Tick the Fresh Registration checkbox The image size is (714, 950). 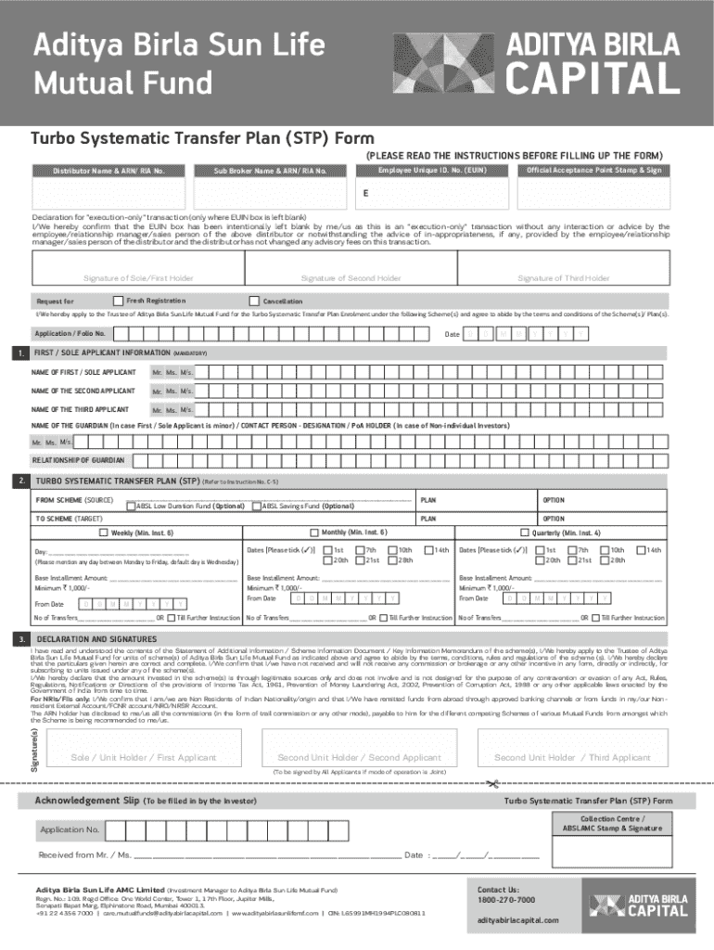pos(118,301)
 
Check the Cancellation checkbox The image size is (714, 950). pos(254,301)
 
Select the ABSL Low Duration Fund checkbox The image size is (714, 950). pos(131,506)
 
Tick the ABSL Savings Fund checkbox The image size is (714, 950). pos(256,506)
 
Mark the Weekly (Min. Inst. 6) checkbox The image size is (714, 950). pos(103,533)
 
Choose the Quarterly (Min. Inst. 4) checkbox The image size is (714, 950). pos(524,533)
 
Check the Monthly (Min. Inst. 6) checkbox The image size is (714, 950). pos(314,533)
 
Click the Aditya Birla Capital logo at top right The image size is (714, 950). pos(599,62)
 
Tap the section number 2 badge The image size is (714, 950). pos(19,481)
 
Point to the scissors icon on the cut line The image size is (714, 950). pos(491,784)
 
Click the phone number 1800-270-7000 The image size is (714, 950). pos(505,900)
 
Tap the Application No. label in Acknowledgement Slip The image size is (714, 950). pos(69,828)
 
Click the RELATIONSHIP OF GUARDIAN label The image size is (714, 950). pos(78,460)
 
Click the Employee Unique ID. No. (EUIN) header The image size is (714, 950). pos(432,171)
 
